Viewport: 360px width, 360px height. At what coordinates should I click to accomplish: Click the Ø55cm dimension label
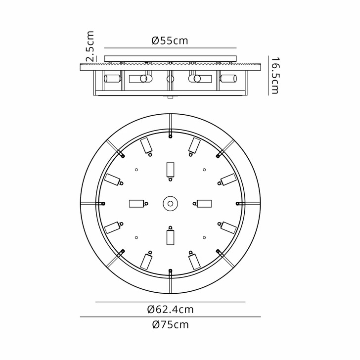click(170, 41)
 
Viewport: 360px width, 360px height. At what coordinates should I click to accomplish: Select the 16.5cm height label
click(275, 75)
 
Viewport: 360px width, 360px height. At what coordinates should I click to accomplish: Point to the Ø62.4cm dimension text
click(170, 310)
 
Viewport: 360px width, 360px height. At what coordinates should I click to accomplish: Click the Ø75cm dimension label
click(170, 325)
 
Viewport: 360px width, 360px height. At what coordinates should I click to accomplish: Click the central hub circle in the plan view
click(171, 203)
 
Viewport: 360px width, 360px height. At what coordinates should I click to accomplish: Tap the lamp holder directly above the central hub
click(171, 170)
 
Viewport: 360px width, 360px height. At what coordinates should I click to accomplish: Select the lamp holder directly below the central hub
click(171, 236)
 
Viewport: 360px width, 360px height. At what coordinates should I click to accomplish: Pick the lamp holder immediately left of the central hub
click(137, 203)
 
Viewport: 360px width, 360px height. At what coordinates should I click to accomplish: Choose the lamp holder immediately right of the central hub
click(204, 203)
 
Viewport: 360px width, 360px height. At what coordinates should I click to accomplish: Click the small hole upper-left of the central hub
click(136, 170)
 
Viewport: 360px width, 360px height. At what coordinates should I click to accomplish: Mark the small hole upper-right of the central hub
click(204, 170)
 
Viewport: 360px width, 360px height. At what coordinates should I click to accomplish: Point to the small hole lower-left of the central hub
click(136, 237)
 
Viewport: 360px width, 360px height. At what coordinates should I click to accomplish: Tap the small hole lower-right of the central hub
click(204, 237)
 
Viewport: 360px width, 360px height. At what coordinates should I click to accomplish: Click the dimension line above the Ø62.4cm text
click(170, 302)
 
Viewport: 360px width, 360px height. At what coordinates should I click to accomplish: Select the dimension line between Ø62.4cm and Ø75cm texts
click(170, 317)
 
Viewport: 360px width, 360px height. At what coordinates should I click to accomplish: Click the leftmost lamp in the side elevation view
click(112, 78)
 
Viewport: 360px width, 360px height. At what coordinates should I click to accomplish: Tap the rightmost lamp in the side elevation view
click(228, 78)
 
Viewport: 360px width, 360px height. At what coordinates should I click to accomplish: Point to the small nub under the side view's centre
click(171, 97)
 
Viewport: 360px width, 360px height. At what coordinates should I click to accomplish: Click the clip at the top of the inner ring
click(170, 133)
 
